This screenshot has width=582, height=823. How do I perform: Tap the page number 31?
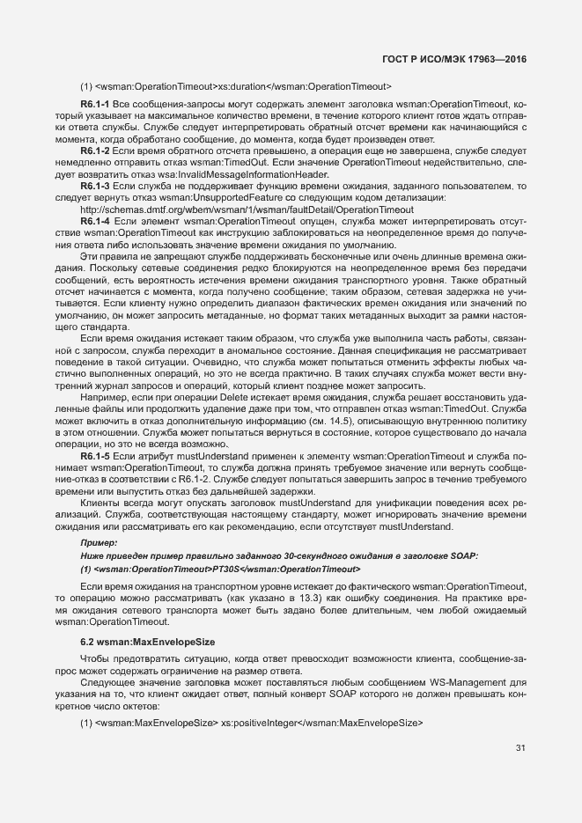tap(520, 748)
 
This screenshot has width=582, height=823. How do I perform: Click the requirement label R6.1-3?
tap(94, 186)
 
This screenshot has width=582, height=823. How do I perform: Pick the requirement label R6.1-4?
tap(94, 221)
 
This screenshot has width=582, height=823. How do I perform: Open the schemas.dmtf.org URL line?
tap(246, 209)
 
